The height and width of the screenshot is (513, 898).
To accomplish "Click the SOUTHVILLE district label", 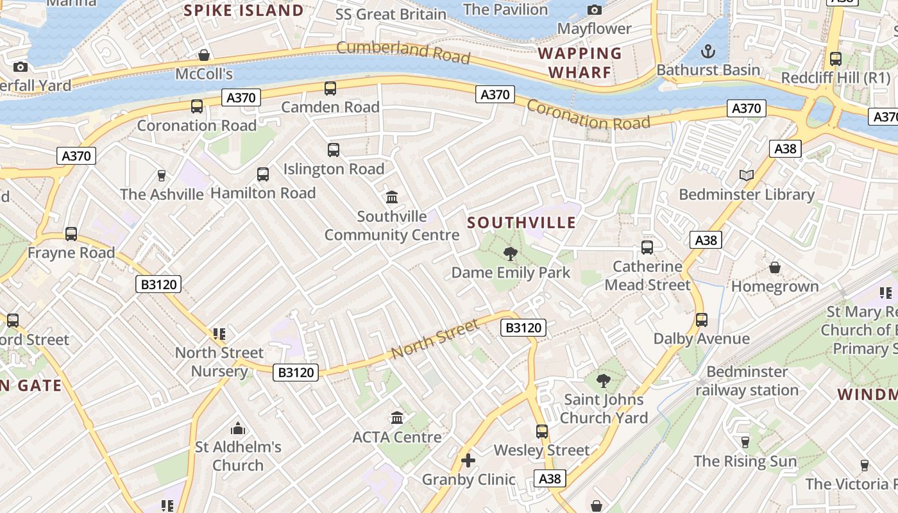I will click(521, 223).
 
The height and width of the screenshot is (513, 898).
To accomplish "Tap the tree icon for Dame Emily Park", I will click(511, 254).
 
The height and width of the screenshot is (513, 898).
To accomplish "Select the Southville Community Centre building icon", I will click(391, 197).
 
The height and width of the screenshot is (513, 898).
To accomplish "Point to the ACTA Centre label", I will click(397, 437).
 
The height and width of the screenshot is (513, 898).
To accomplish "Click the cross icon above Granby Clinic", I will click(468, 460).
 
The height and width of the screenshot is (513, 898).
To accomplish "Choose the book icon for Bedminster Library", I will click(746, 175).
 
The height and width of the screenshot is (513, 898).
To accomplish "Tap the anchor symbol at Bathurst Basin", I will click(708, 51).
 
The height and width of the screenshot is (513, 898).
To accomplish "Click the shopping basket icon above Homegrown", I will click(775, 267).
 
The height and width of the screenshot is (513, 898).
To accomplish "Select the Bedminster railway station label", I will click(747, 381).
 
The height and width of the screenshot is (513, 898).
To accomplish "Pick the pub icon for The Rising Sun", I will click(745, 442).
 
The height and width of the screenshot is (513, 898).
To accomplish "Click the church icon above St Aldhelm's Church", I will click(238, 428).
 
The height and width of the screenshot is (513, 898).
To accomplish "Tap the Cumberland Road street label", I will click(403, 52).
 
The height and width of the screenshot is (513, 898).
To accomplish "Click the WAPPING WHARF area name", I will click(580, 62).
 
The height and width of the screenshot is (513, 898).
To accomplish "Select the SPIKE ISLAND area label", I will click(244, 10).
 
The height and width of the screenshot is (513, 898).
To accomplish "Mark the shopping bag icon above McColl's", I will click(204, 55).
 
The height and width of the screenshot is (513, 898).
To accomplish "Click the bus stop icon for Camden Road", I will click(330, 88).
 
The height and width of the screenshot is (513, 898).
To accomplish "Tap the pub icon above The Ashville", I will click(162, 175).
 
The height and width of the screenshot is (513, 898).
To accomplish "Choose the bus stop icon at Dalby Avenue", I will click(702, 319).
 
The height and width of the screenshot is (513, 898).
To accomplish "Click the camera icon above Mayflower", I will click(595, 10).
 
